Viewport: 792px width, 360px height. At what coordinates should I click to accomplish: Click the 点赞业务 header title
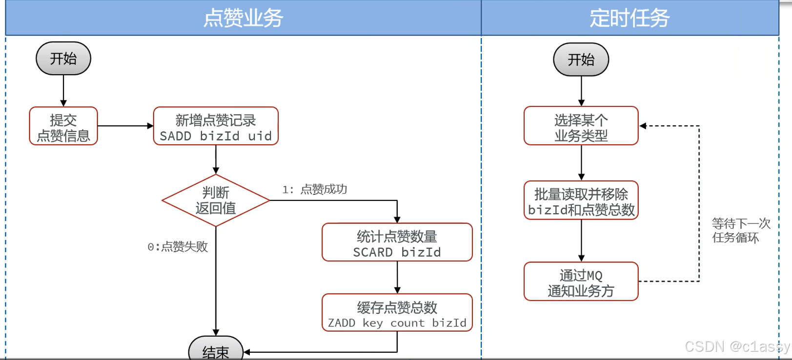tap(243, 19)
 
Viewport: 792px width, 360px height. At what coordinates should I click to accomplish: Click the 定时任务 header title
tap(630, 19)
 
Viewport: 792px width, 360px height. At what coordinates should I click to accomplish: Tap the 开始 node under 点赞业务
tap(63, 59)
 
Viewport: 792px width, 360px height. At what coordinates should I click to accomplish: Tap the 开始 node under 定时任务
tap(581, 60)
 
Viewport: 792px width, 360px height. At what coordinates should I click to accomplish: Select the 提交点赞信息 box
tap(63, 126)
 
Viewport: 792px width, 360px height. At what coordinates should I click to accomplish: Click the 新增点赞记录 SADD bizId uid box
tap(216, 126)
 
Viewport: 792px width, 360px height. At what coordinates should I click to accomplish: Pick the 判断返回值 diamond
tap(216, 200)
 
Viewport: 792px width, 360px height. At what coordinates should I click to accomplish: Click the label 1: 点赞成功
tap(315, 189)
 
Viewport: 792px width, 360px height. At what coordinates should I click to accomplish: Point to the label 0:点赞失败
tap(178, 247)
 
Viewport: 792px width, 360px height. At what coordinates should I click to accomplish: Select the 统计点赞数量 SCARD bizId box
tap(397, 243)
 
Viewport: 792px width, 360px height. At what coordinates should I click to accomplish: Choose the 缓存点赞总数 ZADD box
tap(397, 313)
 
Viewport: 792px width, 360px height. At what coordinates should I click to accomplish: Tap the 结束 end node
tap(216, 350)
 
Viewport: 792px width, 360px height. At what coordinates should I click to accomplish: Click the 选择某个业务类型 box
tap(581, 126)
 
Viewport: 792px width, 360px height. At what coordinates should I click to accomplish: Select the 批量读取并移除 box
tap(581, 201)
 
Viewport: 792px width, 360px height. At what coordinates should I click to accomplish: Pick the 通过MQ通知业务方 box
tap(581, 282)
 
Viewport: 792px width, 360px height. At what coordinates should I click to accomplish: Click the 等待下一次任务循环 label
tap(740, 231)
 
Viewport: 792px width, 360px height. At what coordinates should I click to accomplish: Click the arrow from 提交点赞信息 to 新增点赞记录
tap(125, 126)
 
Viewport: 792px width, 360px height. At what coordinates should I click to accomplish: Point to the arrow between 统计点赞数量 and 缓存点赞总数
tap(397, 277)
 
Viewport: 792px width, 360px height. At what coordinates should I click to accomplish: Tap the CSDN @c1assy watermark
tap(737, 346)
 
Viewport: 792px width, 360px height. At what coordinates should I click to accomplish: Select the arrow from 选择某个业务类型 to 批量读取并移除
tap(581, 162)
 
